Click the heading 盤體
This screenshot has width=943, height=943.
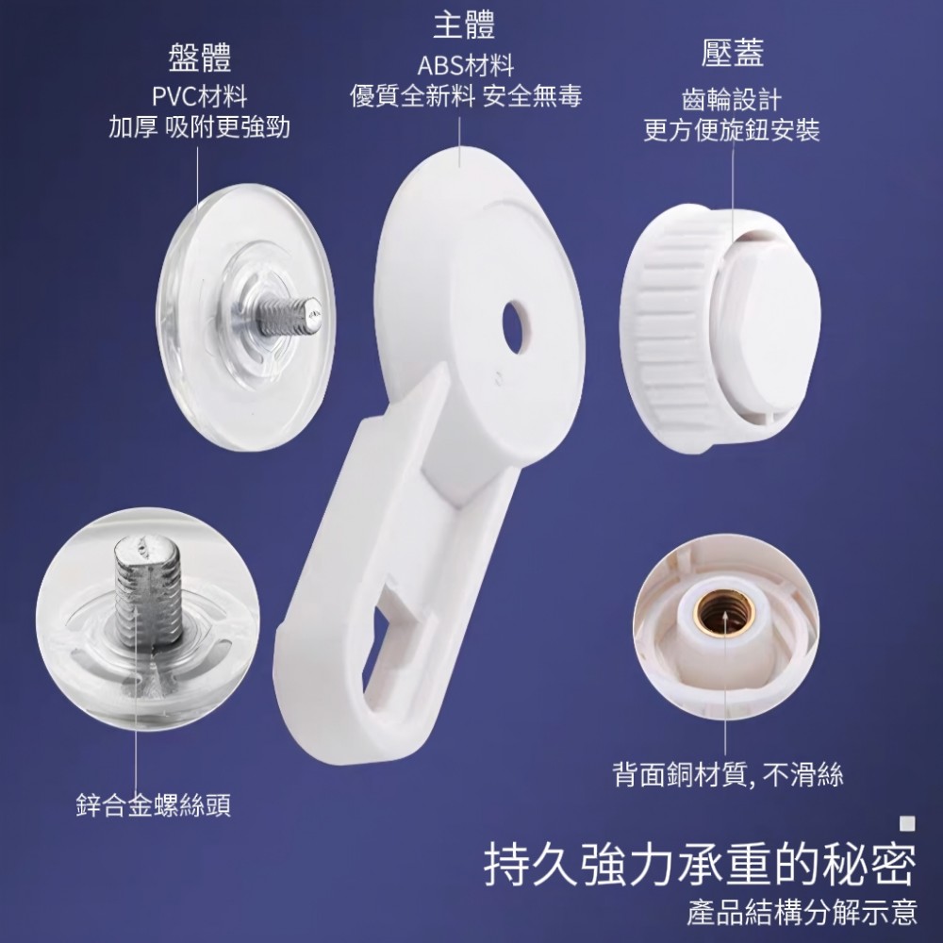(x=199, y=58)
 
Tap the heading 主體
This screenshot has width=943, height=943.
(x=464, y=25)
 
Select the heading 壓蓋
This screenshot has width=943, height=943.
(x=733, y=53)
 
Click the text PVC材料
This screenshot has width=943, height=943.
(x=199, y=96)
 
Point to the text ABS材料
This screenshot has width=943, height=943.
(x=466, y=66)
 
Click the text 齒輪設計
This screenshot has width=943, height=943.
(x=732, y=99)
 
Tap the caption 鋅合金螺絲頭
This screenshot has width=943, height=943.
(x=154, y=805)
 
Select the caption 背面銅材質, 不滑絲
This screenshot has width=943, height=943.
(x=728, y=774)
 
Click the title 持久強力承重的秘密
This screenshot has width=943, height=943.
(x=701, y=866)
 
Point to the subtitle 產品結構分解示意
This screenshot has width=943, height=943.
(x=802, y=912)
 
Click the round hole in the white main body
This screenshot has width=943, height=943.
(x=516, y=326)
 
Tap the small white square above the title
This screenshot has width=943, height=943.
(x=907, y=823)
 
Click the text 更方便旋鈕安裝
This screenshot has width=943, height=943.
(x=732, y=130)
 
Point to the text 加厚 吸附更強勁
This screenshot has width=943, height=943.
(x=199, y=127)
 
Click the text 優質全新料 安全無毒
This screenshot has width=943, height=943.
(x=466, y=96)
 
